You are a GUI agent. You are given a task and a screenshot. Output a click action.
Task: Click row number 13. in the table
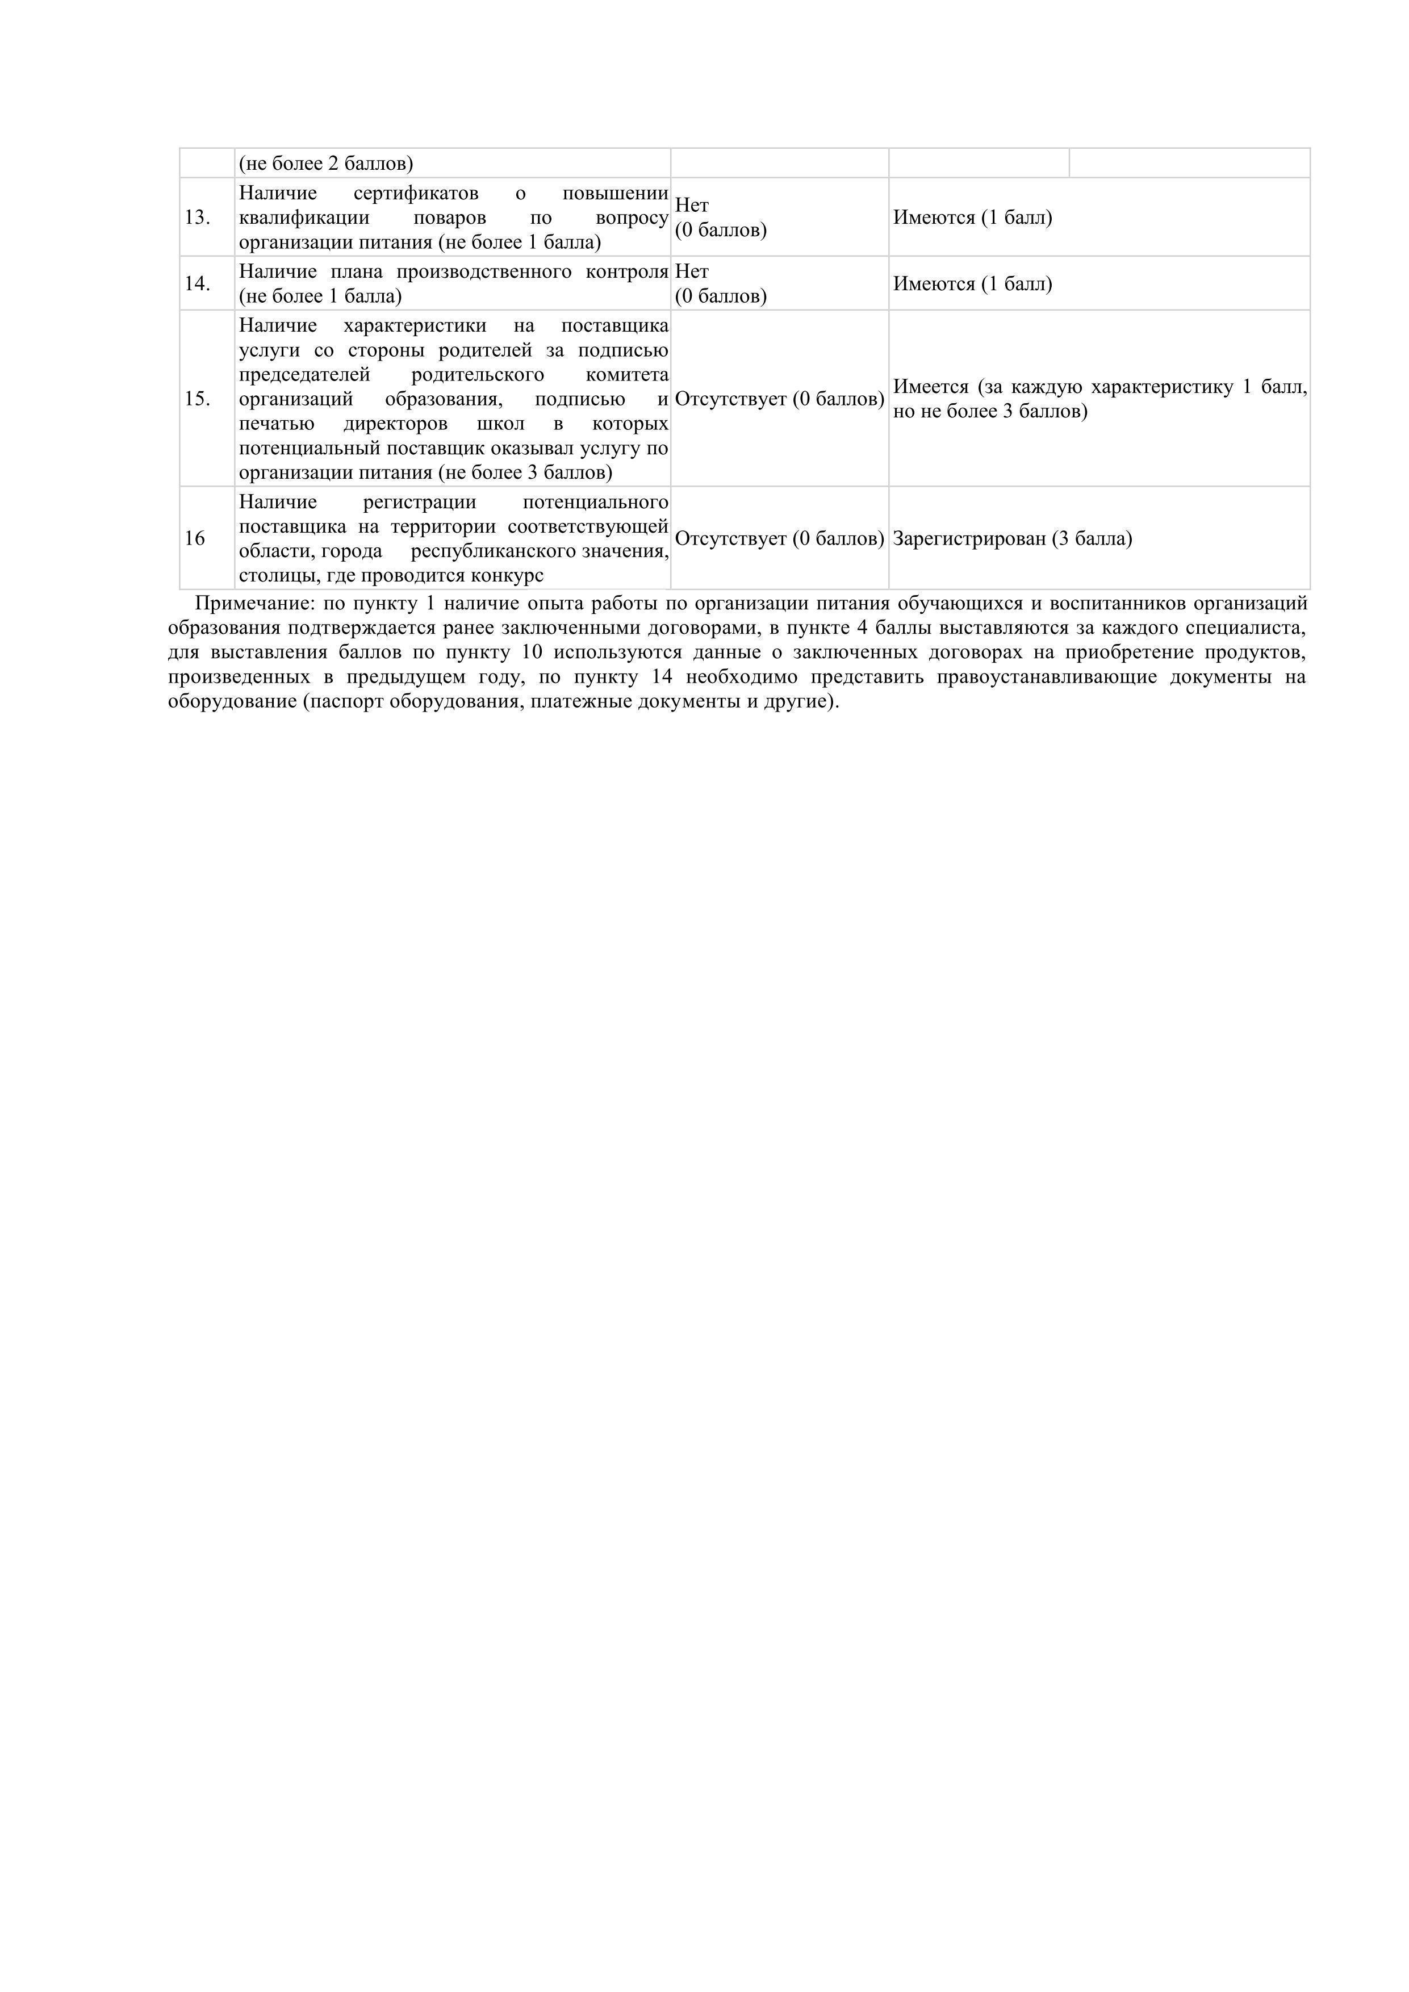point(197,217)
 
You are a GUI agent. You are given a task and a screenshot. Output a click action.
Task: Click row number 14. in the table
point(197,284)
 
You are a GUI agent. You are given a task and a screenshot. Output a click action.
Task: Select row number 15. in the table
point(197,399)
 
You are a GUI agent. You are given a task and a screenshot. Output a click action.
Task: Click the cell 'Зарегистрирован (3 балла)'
point(1013,539)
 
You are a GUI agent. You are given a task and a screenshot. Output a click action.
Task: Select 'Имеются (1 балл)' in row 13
point(973,217)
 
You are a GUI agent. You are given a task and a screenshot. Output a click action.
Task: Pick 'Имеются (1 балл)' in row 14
point(973,284)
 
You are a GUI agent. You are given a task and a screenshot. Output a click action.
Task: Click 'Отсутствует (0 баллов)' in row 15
point(779,399)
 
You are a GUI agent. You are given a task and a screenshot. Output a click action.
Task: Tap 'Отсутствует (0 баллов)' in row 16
point(779,539)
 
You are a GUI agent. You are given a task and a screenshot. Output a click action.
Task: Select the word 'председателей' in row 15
point(304,375)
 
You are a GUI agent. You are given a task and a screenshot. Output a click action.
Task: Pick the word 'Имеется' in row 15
point(930,387)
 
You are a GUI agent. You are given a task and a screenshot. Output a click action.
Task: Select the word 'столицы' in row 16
point(273,576)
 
